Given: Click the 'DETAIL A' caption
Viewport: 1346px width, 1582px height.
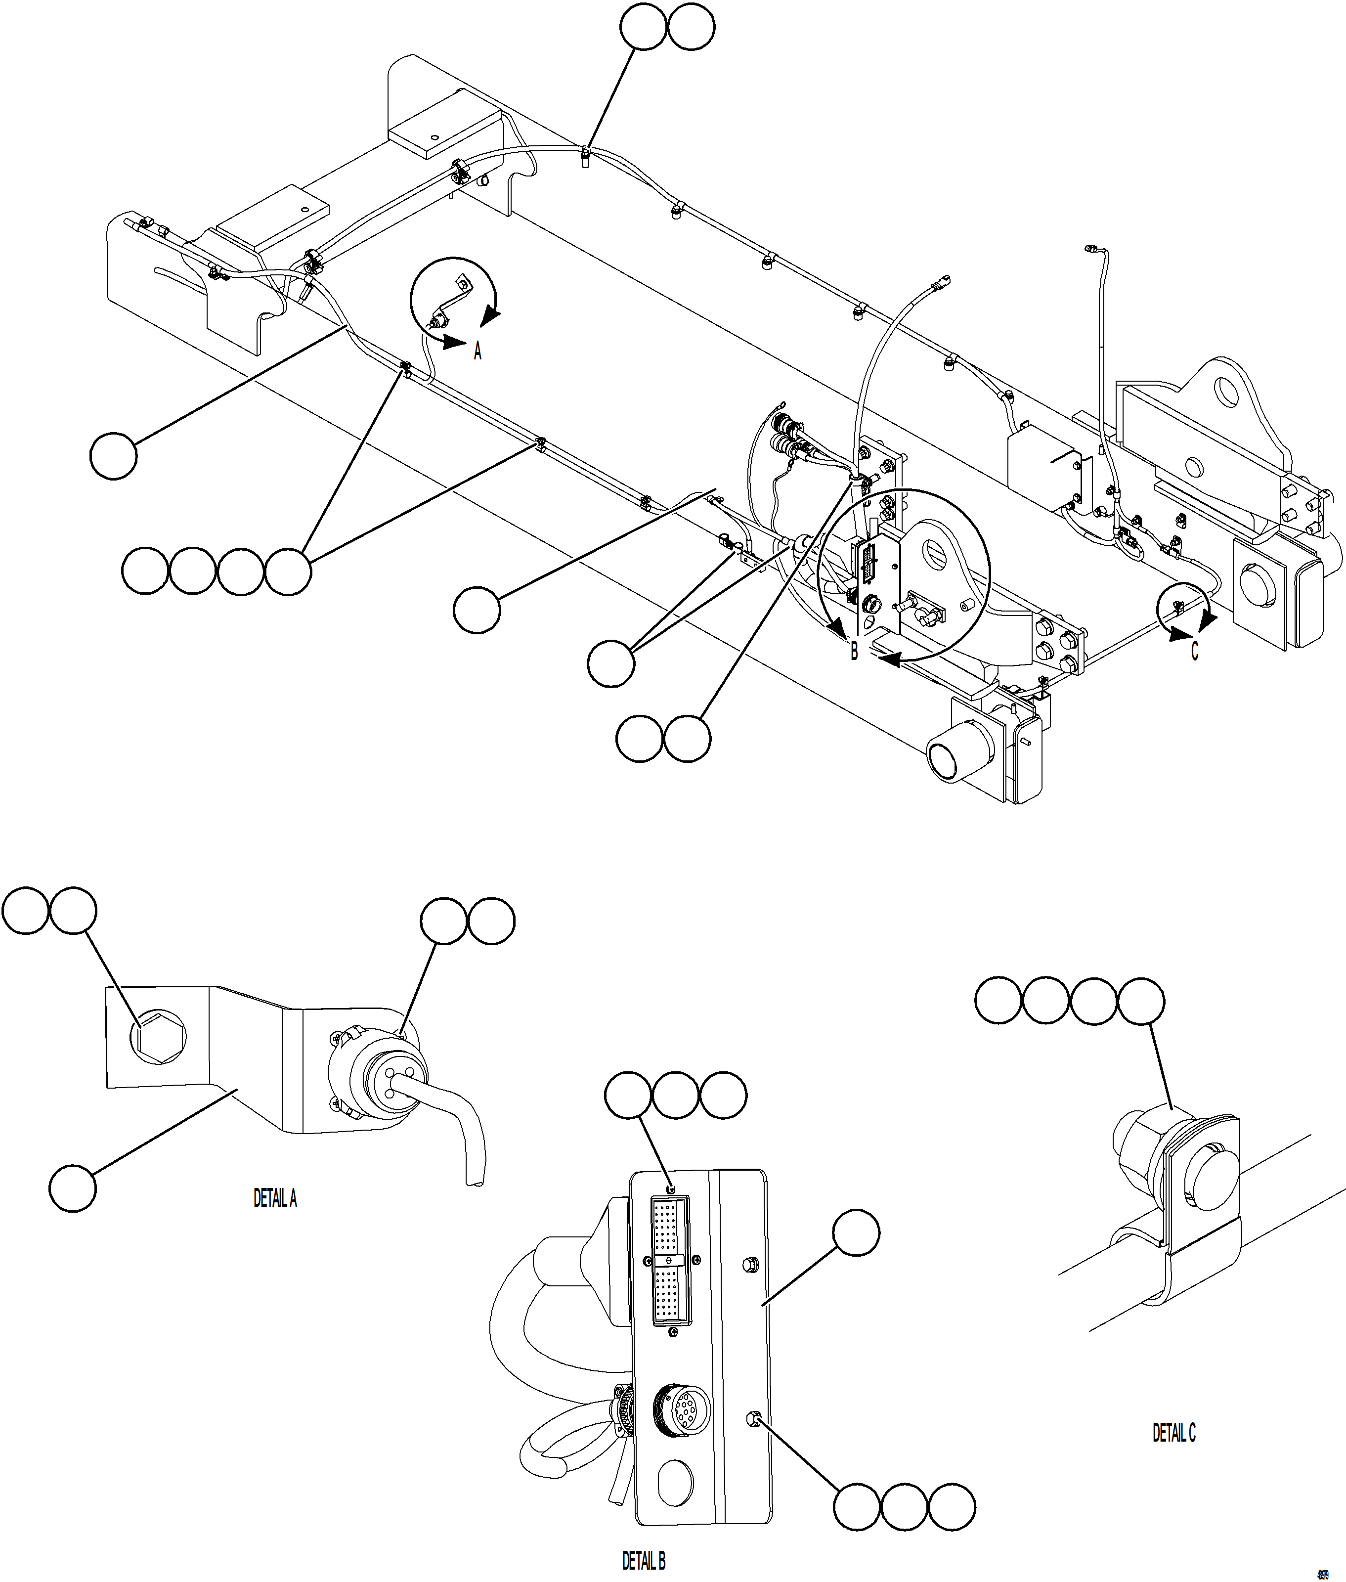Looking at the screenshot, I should [x=275, y=1198].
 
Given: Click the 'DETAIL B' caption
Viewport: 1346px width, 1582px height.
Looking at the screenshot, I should [x=643, y=1561].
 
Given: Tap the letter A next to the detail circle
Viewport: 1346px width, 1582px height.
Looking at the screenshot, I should [x=478, y=351].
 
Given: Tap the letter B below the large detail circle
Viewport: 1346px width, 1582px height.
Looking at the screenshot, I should [x=854, y=651].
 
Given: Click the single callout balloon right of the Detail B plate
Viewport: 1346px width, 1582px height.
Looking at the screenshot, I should [x=855, y=1231].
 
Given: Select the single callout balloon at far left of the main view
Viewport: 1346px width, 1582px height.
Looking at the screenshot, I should [x=114, y=456].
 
